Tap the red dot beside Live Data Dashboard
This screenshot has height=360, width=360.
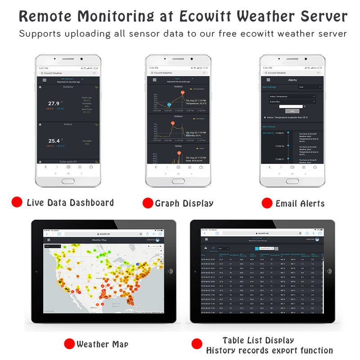(17, 202)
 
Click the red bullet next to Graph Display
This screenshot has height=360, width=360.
(148, 203)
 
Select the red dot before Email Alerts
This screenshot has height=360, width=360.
(267, 203)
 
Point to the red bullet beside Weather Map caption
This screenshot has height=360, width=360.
(69, 344)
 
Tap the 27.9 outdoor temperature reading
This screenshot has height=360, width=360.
(54, 103)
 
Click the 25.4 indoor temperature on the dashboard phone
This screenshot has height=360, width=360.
(54, 141)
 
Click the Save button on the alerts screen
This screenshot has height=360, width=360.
(292, 111)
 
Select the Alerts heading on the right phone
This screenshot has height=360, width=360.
(292, 80)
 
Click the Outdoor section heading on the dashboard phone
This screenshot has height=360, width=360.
(68, 86)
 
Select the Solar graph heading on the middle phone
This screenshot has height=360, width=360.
(179, 146)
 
